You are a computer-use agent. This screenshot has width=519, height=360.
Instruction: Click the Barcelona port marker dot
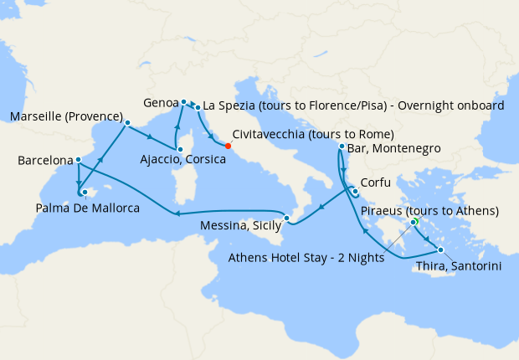click(x=78, y=160)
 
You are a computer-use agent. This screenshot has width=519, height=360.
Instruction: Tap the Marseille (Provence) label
click(x=65, y=116)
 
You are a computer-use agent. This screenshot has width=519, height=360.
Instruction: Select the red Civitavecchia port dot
click(x=228, y=145)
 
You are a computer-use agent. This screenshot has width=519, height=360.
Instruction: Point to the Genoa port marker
click(x=183, y=102)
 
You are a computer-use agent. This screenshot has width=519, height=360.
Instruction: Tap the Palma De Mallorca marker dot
click(x=85, y=192)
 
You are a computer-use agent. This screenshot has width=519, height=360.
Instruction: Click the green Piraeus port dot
click(x=414, y=222)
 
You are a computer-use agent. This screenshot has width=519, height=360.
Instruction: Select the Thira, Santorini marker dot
click(x=440, y=249)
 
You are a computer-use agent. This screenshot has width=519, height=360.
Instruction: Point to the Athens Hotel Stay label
click(x=306, y=258)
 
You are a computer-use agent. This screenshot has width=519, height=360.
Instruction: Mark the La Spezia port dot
click(x=198, y=108)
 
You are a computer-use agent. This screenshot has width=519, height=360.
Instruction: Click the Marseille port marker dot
click(x=127, y=122)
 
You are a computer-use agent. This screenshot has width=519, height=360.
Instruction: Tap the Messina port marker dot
click(x=287, y=219)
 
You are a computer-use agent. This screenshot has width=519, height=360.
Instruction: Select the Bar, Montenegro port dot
click(x=342, y=147)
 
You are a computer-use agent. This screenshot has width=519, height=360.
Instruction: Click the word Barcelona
click(x=44, y=159)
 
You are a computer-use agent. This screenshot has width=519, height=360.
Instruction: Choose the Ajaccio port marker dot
click(x=178, y=147)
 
